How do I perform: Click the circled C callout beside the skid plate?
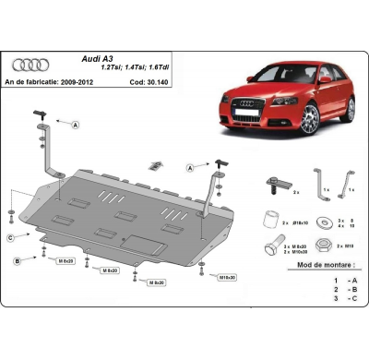[11, 238]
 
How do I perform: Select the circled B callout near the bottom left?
[17, 262]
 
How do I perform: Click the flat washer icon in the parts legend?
[324, 222]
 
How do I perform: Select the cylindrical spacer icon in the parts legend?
[271, 221]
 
